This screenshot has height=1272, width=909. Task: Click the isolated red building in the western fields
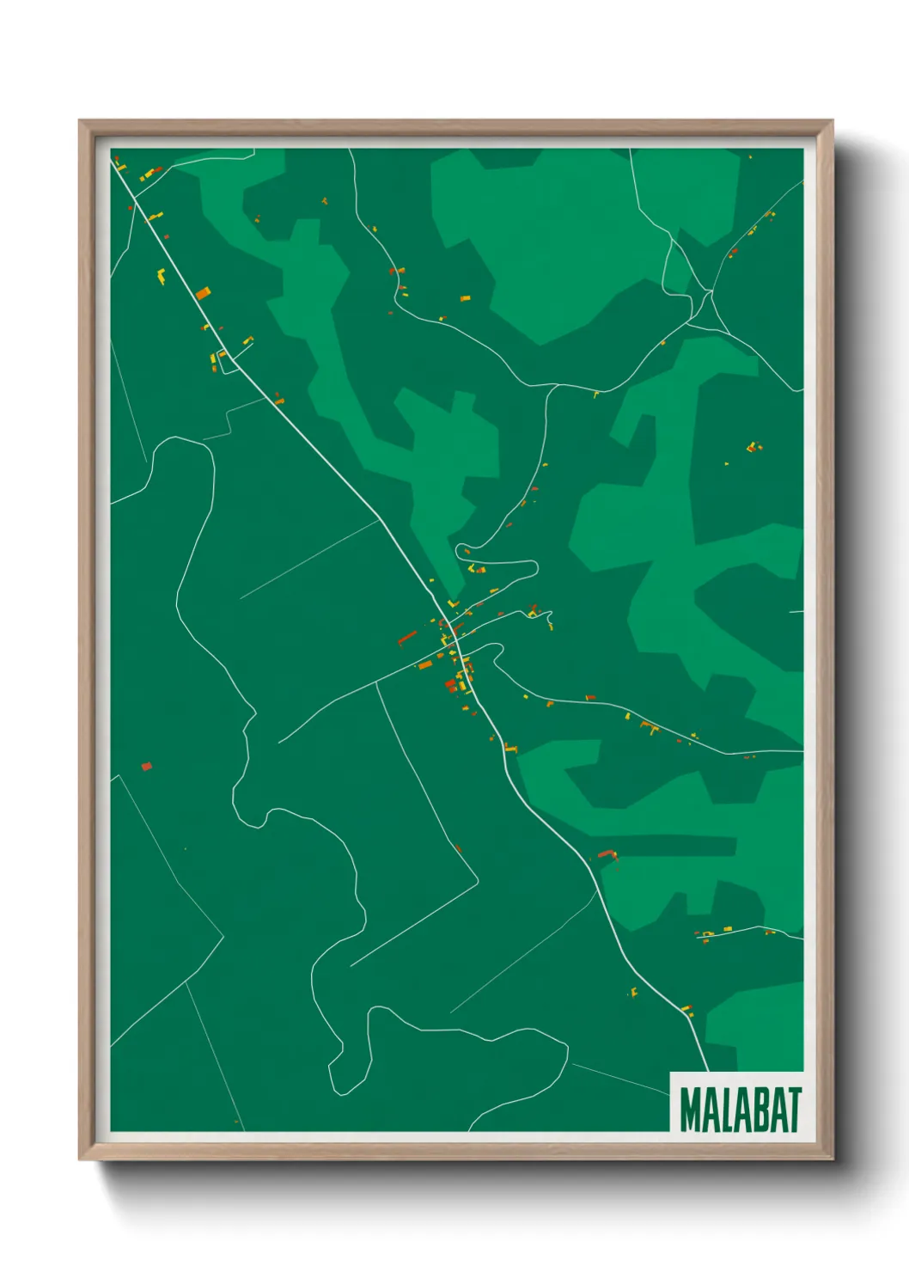pos(146,766)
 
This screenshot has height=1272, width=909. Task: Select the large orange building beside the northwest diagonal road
pos(202,293)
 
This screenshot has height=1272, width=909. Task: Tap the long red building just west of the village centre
pos(407,638)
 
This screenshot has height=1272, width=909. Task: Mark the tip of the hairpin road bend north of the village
pos(535,568)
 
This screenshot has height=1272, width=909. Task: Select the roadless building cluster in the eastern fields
pos(753,446)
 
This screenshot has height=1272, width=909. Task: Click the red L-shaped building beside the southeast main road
pos(608,854)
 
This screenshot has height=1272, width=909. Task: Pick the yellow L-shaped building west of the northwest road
pos(161,276)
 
